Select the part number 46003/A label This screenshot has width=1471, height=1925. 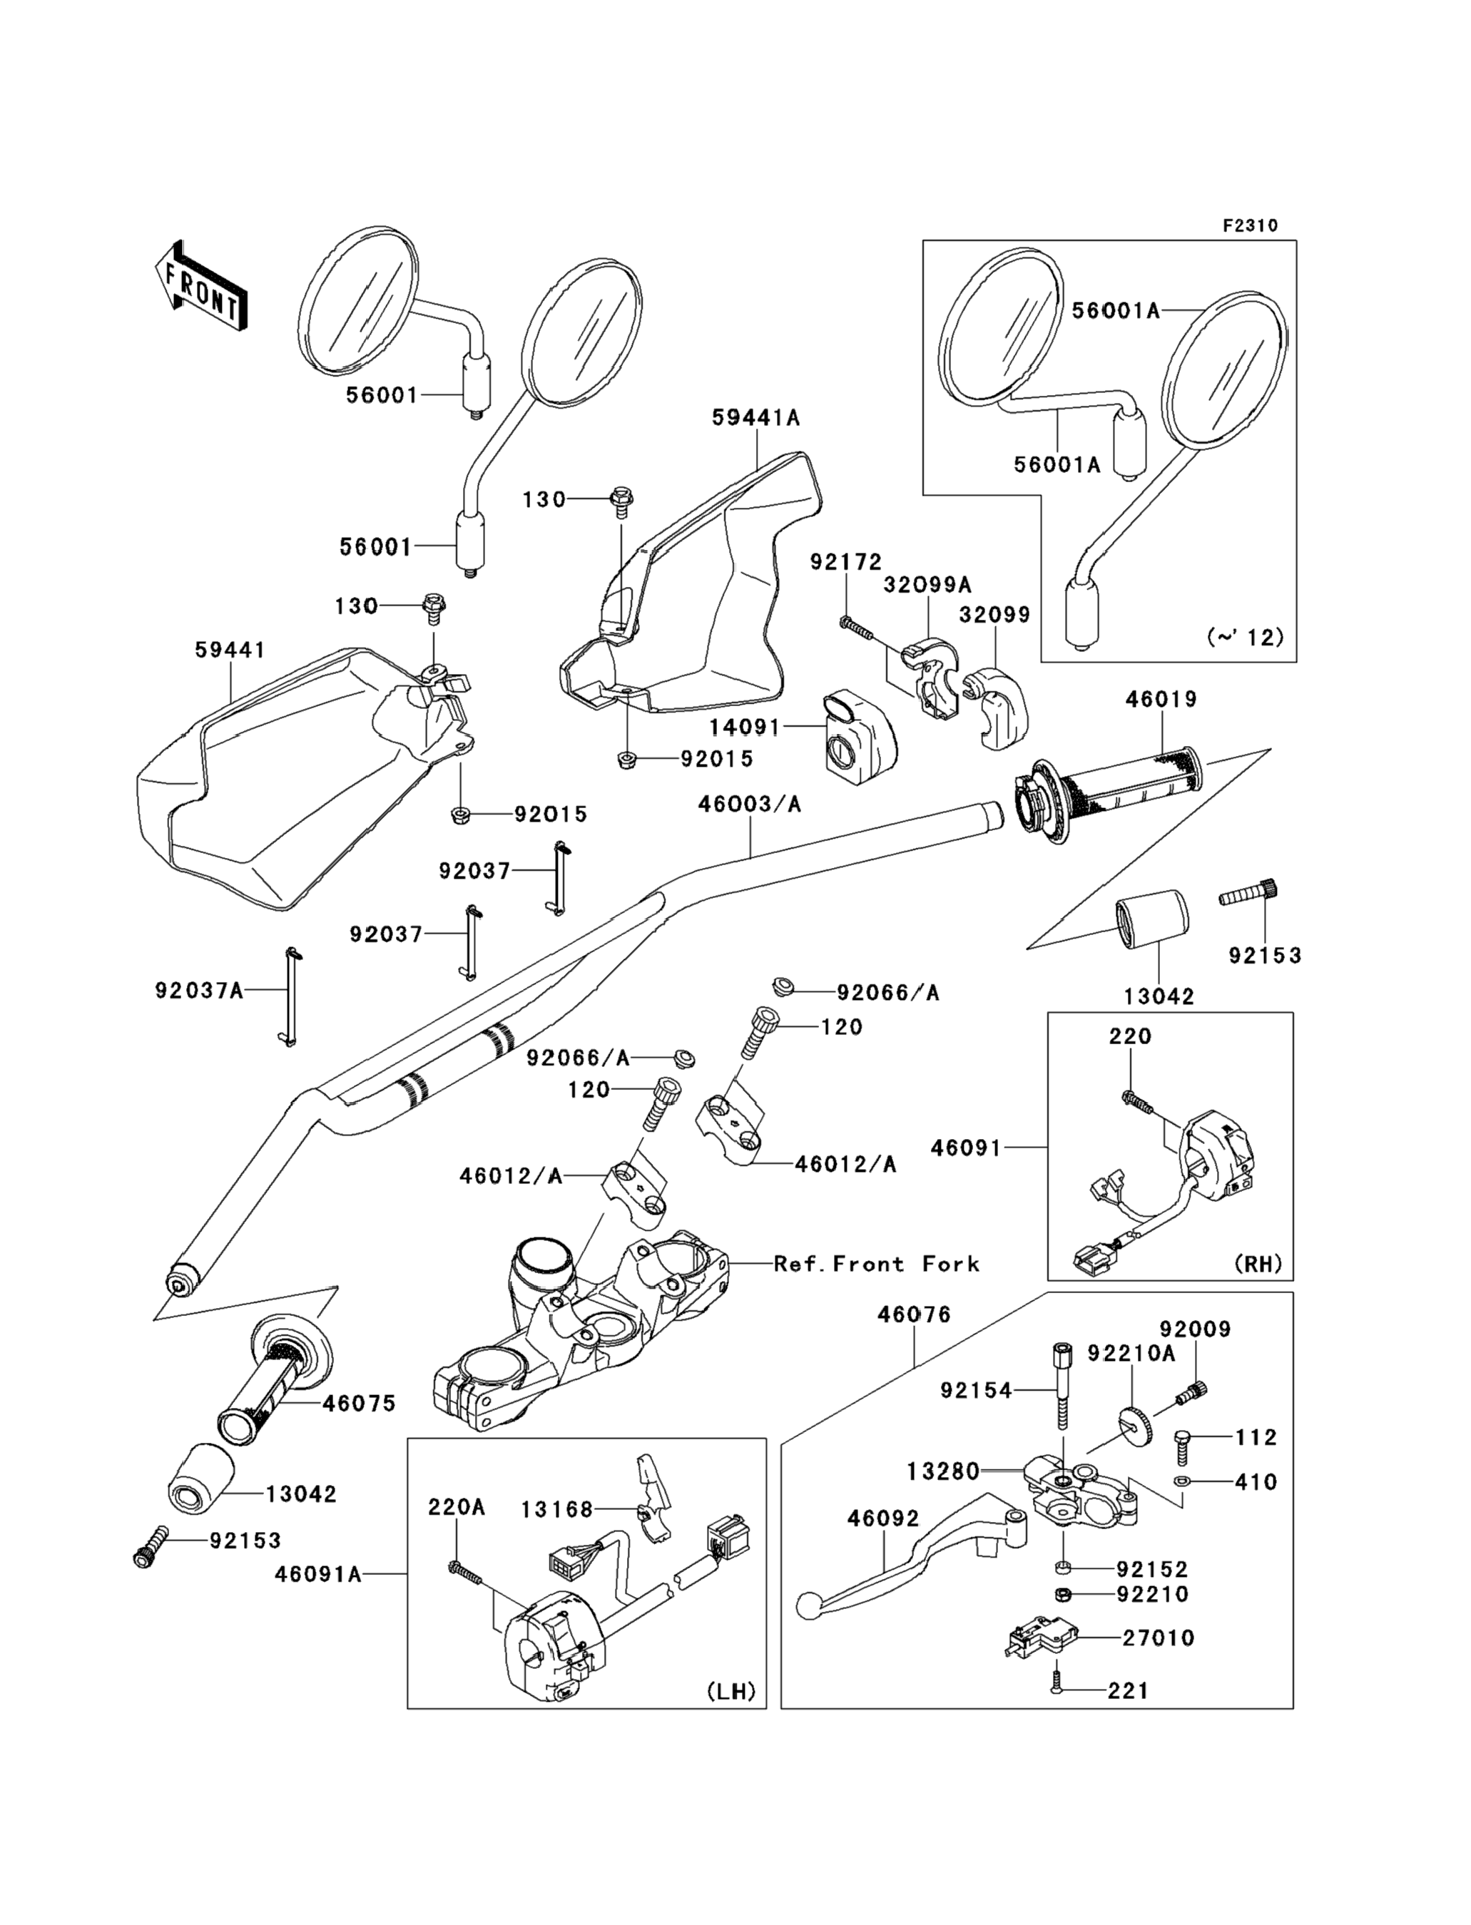(750, 804)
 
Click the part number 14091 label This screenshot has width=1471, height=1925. (744, 727)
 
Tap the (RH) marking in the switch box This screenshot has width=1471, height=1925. (1258, 1264)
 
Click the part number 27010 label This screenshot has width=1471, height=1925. (1159, 1638)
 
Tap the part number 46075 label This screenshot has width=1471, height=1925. (359, 1403)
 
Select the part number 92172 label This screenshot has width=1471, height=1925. (846, 561)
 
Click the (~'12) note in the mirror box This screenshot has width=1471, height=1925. (1245, 638)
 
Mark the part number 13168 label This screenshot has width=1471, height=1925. (557, 1509)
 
